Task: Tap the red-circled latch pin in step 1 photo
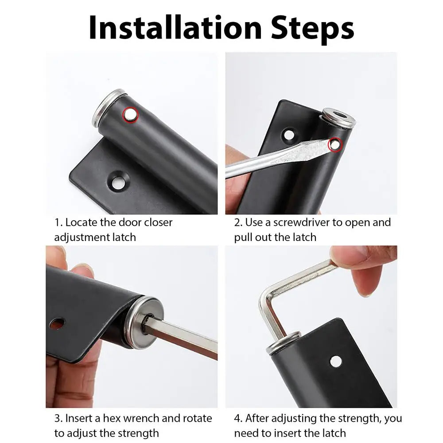click(x=130, y=115)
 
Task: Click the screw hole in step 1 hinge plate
click(x=118, y=182)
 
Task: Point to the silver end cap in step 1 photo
click(x=108, y=106)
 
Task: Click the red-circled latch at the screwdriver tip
click(x=334, y=144)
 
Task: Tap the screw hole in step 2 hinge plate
click(x=289, y=134)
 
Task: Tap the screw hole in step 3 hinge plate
click(x=57, y=323)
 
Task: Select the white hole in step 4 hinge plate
click(x=336, y=361)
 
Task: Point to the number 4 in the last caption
click(x=237, y=418)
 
